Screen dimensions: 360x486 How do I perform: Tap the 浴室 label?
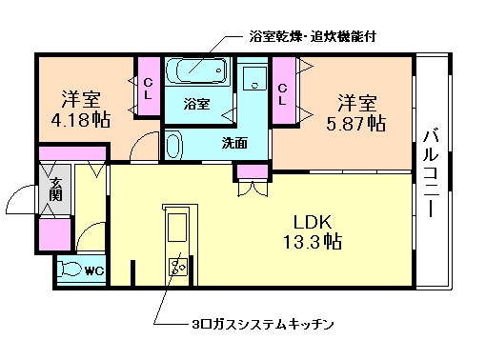[x=196, y=104]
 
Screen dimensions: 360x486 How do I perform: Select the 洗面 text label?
[x=235, y=144]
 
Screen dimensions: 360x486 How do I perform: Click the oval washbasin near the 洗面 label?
[x=173, y=146]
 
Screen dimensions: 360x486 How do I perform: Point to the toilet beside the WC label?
[x=71, y=270]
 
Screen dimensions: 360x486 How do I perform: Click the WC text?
[x=95, y=270]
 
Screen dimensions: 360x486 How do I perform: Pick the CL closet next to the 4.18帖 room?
[x=148, y=88]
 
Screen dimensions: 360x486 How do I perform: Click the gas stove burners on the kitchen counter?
[x=178, y=265]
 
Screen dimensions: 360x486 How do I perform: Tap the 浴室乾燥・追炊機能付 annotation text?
[x=309, y=38]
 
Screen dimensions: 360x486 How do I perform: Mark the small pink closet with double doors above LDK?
[x=253, y=171]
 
